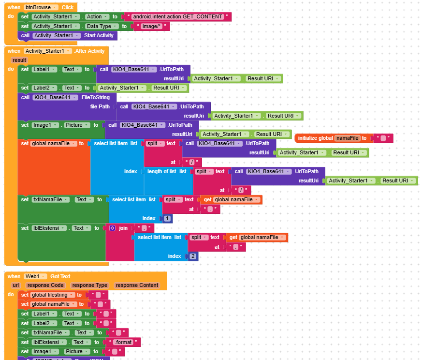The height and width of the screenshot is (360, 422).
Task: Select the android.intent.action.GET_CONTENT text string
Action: point(177,16)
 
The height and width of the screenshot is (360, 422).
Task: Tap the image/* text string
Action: point(152,26)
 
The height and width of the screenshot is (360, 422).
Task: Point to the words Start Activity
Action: point(99,35)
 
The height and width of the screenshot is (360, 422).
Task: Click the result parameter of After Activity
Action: point(19,60)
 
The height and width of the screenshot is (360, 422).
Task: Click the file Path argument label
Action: point(100,106)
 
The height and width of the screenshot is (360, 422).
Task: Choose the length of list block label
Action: point(161,171)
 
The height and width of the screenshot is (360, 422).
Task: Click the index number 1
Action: point(166,219)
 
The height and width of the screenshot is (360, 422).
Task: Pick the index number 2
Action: point(192,256)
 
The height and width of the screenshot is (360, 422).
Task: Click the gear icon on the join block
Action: point(112,228)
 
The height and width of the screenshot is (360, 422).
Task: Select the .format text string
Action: point(125,342)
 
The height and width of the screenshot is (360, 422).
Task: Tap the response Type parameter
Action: point(90,285)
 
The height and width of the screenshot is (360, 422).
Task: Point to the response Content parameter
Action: point(136,285)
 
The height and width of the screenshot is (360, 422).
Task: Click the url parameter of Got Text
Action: point(16,285)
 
